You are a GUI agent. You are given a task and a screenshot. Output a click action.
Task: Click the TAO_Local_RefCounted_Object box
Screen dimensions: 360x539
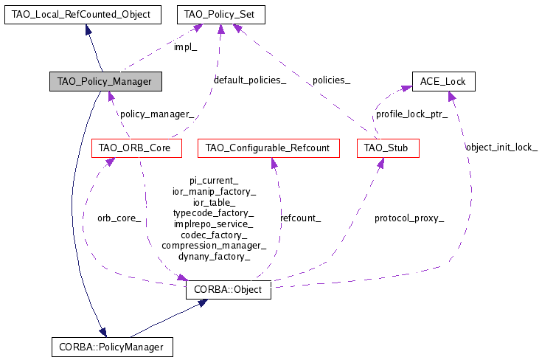81,14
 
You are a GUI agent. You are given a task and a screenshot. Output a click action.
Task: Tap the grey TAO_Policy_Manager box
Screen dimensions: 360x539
105,81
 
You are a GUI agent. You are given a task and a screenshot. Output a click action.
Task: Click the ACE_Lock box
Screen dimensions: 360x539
442,81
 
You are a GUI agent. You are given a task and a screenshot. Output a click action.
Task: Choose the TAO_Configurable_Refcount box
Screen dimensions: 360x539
268,148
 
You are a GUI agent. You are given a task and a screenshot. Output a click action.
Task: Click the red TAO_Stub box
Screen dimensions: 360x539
388,148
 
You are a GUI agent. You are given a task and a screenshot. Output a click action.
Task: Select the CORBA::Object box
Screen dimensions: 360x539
229,290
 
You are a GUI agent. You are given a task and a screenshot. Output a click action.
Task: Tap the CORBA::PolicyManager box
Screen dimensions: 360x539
112,345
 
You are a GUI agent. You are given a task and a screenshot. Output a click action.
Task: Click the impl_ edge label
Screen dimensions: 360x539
186,47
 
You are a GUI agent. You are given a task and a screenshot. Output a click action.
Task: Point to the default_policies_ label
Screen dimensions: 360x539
250,80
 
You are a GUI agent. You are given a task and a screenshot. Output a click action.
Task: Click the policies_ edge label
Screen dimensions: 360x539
331,80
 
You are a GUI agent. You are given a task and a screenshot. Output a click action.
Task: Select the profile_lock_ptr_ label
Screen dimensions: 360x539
411,114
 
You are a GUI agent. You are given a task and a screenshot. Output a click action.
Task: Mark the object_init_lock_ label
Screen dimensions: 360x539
501,148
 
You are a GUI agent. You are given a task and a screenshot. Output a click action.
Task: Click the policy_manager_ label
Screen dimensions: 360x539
157,114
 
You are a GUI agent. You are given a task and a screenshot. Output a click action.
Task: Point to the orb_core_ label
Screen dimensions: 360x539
119,218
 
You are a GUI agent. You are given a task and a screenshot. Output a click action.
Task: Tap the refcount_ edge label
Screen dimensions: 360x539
300,218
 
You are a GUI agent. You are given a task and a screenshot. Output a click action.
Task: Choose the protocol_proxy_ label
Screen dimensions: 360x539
408,218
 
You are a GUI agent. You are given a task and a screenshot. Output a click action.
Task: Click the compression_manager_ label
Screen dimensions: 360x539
214,245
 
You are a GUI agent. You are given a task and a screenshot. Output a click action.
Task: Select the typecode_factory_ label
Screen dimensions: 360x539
214,213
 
